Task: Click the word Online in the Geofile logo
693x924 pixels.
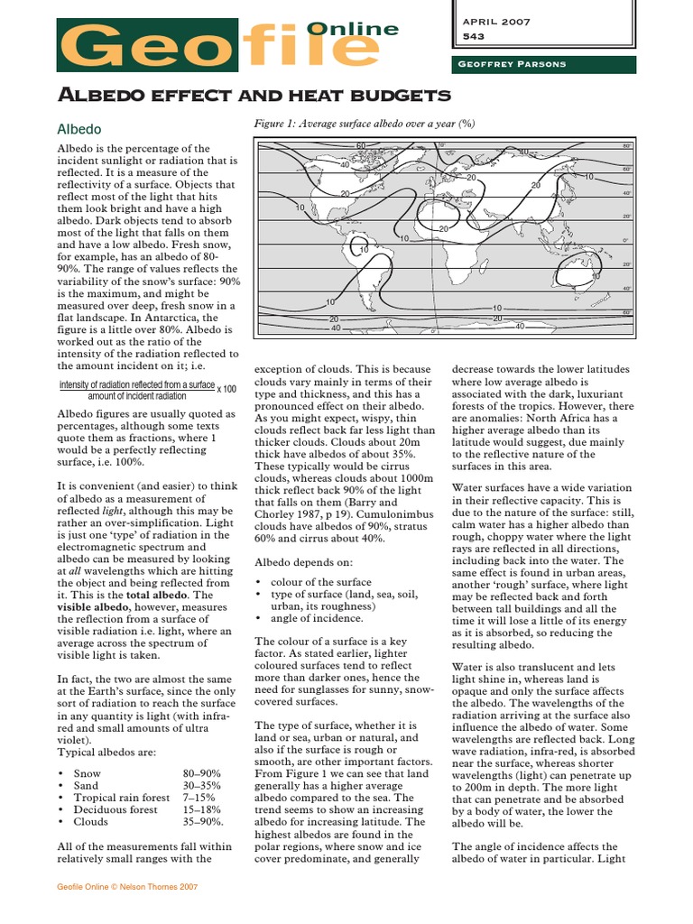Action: point(353,29)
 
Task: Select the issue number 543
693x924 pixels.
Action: point(474,37)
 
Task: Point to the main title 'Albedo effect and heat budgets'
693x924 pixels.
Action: point(254,95)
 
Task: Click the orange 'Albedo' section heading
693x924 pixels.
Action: point(79,129)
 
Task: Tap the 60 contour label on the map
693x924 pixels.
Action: point(361,146)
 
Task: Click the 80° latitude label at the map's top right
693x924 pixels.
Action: point(626,146)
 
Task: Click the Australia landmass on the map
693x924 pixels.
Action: point(577,269)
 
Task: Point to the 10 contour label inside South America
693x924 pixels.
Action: point(364,249)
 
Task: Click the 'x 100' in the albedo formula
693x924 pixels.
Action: point(226,389)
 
